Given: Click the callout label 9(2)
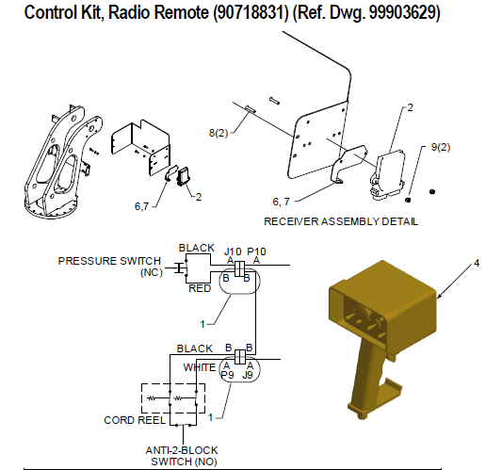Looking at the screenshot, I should (442, 148).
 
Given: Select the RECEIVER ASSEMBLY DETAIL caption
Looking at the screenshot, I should (341, 221).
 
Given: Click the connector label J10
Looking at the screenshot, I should (233, 251).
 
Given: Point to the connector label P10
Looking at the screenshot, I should (257, 251).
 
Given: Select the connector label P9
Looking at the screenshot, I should (227, 375).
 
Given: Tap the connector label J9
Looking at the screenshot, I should (250, 375).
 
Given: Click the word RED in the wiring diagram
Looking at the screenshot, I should (200, 289).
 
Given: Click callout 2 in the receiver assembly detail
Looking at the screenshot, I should (410, 108).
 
